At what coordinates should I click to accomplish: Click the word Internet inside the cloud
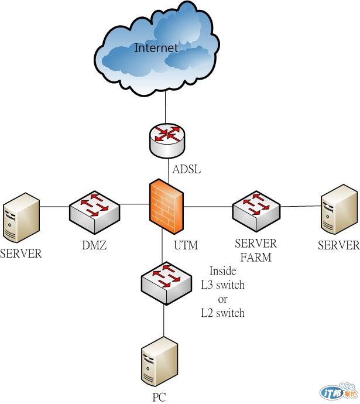pyautogui.click(x=156, y=47)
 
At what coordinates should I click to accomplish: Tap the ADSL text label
pyautogui.click(x=187, y=170)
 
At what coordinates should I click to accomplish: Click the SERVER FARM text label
pyautogui.click(x=255, y=249)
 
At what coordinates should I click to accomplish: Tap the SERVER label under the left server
pyautogui.click(x=21, y=254)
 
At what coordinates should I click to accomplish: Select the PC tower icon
pyautogui.click(x=159, y=363)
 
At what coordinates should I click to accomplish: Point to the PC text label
pyautogui.click(x=159, y=398)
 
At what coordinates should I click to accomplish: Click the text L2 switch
pyautogui.click(x=222, y=313)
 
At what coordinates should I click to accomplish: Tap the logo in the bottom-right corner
pyautogui.click(x=338, y=391)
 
